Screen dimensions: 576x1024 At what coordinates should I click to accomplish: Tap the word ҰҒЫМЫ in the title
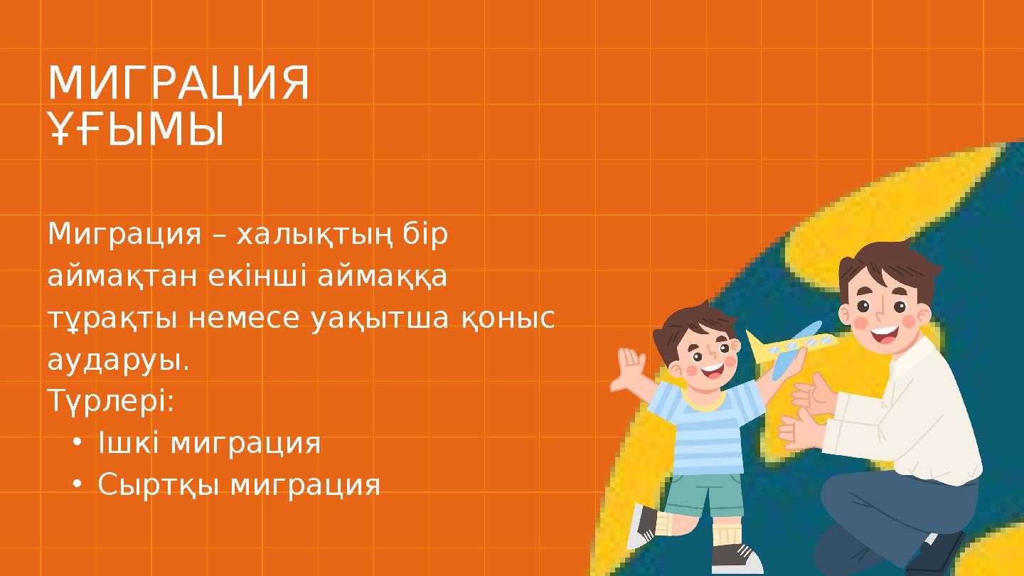(x=136, y=131)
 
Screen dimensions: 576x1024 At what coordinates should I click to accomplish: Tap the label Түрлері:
(x=111, y=403)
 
